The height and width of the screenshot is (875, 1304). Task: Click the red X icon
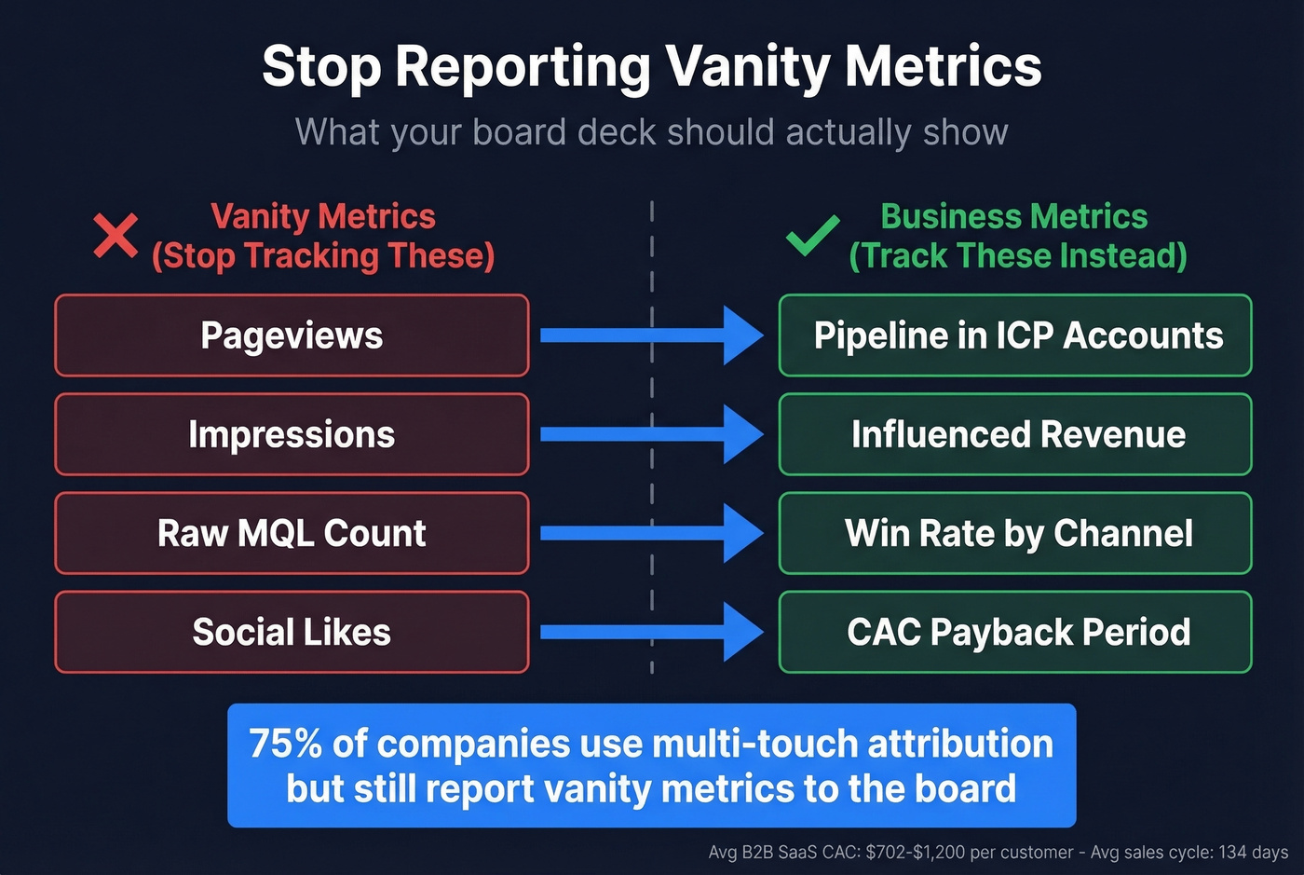115,236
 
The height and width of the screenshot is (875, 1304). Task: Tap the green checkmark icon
812,236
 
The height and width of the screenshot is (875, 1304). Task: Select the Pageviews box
292,335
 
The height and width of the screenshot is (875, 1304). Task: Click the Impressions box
292,434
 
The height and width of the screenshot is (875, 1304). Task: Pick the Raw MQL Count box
292,533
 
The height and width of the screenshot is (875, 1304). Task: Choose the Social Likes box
292,632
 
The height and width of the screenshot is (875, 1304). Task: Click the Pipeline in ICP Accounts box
1015,335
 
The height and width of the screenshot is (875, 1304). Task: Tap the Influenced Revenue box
1015,434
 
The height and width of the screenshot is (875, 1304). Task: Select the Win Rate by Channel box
1015,533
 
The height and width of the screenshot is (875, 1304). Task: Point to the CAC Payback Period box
1015,632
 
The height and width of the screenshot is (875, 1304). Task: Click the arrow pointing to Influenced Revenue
651,434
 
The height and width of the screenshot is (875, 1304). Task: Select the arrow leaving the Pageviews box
651,335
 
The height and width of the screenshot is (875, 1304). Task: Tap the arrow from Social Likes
651,632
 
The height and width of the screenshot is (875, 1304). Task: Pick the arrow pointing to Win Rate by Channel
651,533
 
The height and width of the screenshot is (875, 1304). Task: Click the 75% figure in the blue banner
285,745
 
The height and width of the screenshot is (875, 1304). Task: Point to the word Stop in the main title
321,67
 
